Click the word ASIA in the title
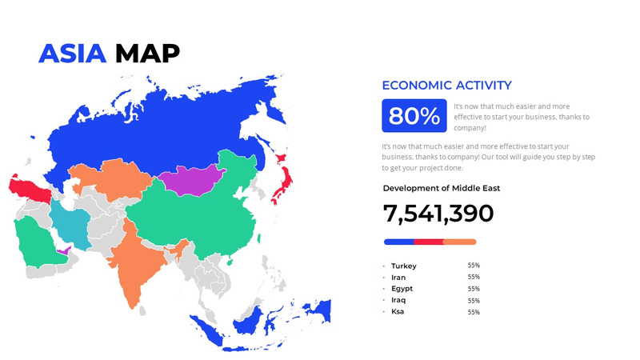(73, 53)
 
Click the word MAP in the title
(147, 53)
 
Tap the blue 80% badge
(414, 116)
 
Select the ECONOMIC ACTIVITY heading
(446, 86)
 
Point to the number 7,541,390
(438, 214)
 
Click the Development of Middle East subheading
(442, 189)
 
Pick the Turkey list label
(404, 266)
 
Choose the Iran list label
(398, 278)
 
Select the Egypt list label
(402, 289)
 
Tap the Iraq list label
(399, 300)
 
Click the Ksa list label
(398, 311)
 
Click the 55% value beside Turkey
(474, 266)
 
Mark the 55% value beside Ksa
(474, 312)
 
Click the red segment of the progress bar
(429, 242)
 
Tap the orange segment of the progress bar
(460, 242)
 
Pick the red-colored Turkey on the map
(29, 190)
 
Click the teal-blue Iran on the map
(69, 225)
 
